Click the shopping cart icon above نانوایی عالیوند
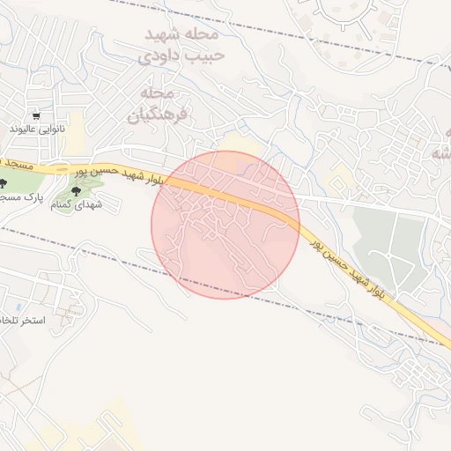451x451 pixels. pyautogui.click(x=36, y=115)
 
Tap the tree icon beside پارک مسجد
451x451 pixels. pyautogui.click(x=4, y=184)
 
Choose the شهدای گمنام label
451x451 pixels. pyautogui.click(x=73, y=204)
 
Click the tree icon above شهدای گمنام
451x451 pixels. pyautogui.click(x=77, y=189)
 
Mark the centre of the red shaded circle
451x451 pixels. pyautogui.click(x=225, y=225)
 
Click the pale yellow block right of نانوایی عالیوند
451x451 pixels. pyautogui.click(x=78, y=123)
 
